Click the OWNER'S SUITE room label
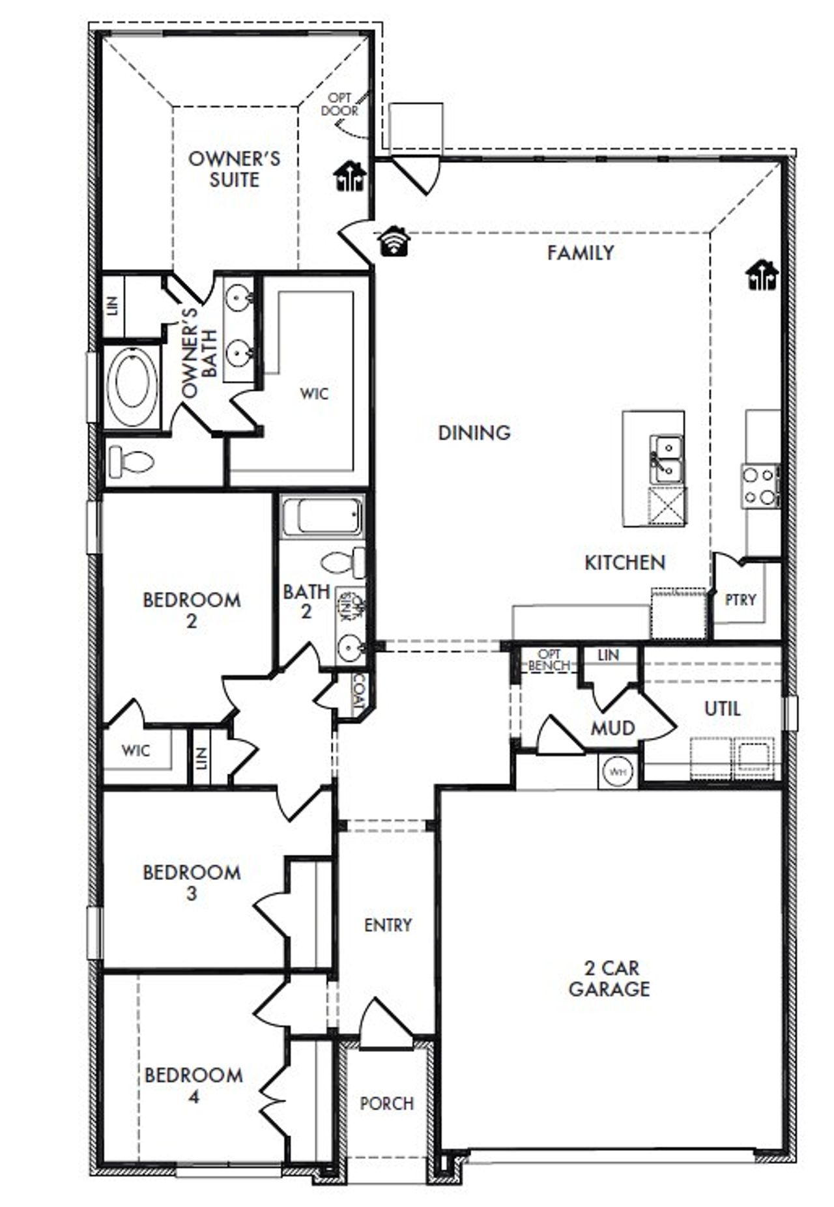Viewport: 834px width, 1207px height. click(x=234, y=169)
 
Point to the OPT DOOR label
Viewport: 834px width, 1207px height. click(x=339, y=104)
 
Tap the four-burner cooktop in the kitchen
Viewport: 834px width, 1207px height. click(x=760, y=486)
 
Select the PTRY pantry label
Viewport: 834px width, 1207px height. click(x=740, y=599)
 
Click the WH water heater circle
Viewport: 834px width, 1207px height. click(x=618, y=772)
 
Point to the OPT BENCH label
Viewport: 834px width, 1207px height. click(x=549, y=660)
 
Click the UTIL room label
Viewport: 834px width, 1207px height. click(x=722, y=708)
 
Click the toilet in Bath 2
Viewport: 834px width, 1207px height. click(x=344, y=562)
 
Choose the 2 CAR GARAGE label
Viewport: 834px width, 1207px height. click(x=609, y=979)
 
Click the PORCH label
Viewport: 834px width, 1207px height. click(x=387, y=1103)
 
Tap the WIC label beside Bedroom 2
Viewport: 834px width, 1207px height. click(x=136, y=750)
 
